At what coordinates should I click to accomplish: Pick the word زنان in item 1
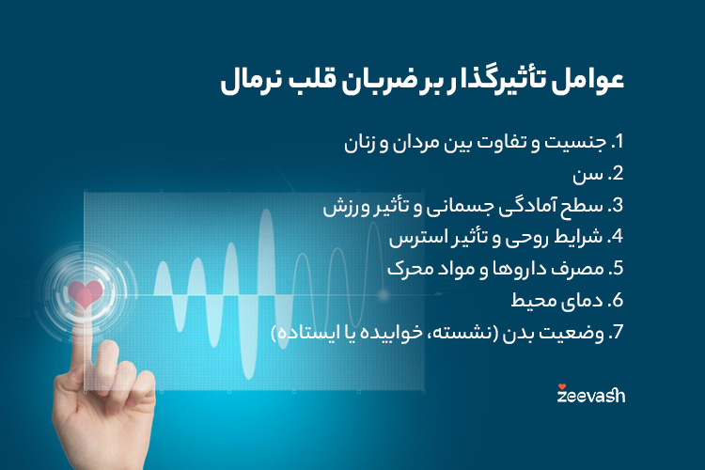click(x=359, y=144)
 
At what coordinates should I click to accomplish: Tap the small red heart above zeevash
click(x=561, y=384)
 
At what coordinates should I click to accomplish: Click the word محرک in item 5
click(x=411, y=268)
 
